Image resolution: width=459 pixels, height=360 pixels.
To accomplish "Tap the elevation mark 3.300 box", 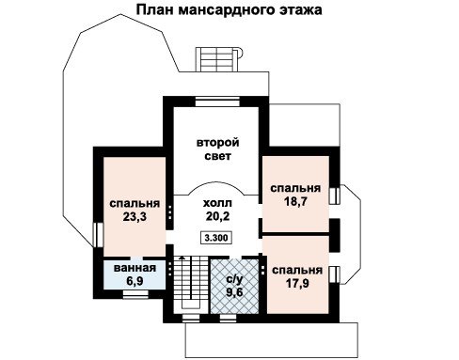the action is (x=216, y=238).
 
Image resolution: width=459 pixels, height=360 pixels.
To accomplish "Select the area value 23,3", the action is (x=135, y=216).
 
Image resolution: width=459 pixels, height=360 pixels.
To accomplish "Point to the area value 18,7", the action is (x=295, y=201).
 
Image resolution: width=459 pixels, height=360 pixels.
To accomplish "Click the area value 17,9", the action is (x=297, y=283).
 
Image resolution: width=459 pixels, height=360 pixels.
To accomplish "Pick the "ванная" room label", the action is (x=135, y=268).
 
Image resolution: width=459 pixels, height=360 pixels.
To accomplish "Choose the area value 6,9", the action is (x=135, y=281).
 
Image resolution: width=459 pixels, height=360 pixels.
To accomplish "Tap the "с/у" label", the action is (x=234, y=278).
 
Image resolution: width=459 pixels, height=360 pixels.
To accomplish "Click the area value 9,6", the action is (x=234, y=291).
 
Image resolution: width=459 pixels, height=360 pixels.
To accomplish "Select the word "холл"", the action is (x=217, y=203).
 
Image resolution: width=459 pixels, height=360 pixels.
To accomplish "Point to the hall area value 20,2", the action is (x=217, y=216).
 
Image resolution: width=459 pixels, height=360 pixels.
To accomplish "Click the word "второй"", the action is (x=218, y=143).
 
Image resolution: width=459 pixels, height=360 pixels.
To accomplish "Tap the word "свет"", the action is (x=218, y=156).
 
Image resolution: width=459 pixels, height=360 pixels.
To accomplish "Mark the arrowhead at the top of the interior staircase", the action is (x=182, y=258).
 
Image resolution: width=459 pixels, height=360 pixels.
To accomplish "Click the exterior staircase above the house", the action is (x=219, y=60).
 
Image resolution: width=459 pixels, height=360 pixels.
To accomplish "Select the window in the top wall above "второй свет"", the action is (x=217, y=102).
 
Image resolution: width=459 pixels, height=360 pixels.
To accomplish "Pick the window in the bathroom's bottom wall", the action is (x=135, y=294).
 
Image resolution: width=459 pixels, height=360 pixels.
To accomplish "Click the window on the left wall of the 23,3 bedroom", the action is (x=98, y=235).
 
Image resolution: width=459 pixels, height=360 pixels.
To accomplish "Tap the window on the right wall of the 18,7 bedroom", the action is (x=335, y=196).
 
